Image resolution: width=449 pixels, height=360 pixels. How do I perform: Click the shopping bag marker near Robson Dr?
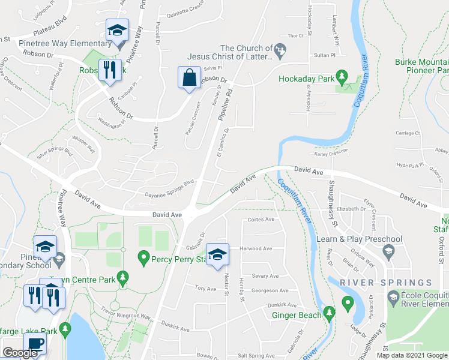(189, 79)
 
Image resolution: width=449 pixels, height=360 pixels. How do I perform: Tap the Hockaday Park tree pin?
(342, 77)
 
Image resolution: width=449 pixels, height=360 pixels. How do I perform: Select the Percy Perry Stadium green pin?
(143, 259)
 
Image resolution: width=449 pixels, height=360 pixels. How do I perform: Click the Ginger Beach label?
(297, 314)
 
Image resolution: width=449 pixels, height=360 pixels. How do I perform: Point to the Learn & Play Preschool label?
(351, 239)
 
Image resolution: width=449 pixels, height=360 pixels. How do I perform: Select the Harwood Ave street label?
(256, 248)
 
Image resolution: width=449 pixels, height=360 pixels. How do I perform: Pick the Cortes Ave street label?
(261, 220)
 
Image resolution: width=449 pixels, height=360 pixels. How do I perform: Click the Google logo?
(20, 353)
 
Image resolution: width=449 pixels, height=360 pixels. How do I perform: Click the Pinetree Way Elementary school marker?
(117, 31)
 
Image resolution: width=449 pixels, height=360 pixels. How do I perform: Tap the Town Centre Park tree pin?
(123, 278)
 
